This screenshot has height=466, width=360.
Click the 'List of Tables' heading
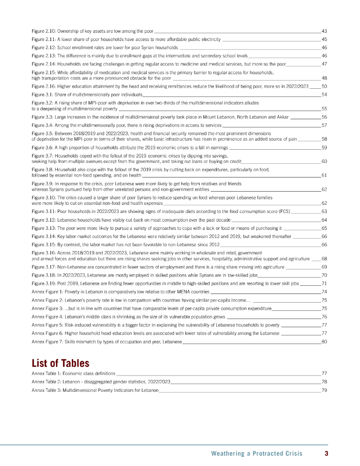tap(61, 363)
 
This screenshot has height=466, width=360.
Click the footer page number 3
tap(326, 453)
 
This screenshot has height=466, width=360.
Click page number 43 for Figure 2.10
tap(325, 31)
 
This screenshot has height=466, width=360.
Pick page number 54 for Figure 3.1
tap(325, 94)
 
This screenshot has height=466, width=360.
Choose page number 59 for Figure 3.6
tap(325, 147)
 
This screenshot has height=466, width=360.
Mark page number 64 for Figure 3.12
tap(325, 220)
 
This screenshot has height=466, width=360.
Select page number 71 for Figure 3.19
tap(325, 283)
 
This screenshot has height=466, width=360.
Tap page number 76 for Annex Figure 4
tap(325, 317)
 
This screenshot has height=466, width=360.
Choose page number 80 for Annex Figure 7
tap(325, 342)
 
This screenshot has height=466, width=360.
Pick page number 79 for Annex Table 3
tap(325, 390)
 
